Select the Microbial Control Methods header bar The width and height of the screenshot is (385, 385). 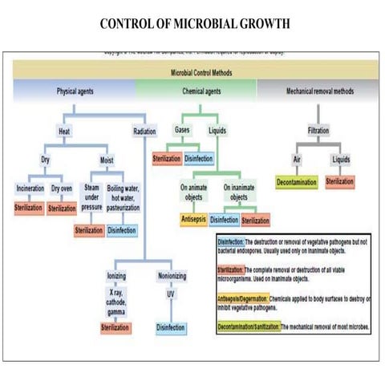pos(192,71)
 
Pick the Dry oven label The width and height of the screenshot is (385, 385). pos(63,189)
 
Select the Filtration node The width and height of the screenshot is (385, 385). pos(318,129)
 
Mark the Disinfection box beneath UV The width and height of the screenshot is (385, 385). pos(171,327)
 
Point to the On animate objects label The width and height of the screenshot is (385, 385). pos(194,192)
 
